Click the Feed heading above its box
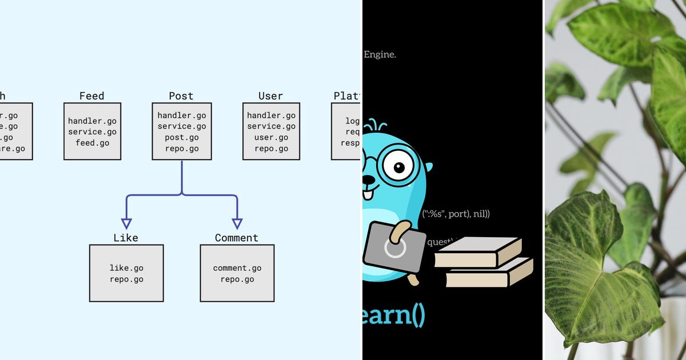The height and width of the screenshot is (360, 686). point(91,96)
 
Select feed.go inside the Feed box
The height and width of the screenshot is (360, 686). point(92,143)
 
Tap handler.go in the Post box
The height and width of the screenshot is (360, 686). point(182,115)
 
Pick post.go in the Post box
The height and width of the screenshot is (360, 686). point(182,138)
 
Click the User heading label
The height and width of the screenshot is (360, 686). point(270,96)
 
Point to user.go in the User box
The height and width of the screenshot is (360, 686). point(271,138)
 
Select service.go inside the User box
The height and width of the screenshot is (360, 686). point(271,126)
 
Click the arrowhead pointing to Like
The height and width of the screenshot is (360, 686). point(126,223)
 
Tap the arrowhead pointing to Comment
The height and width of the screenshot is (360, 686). point(237,223)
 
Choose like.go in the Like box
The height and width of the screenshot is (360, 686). point(126,268)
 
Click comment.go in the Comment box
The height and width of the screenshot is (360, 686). point(237,268)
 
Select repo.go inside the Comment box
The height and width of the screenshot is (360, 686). point(237,279)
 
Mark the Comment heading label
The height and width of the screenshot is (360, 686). point(236,238)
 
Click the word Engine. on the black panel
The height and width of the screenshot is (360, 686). point(380,55)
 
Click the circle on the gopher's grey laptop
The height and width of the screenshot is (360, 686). point(394,247)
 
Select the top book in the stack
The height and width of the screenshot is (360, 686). point(477,252)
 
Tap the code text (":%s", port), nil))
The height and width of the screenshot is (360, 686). point(456,214)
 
